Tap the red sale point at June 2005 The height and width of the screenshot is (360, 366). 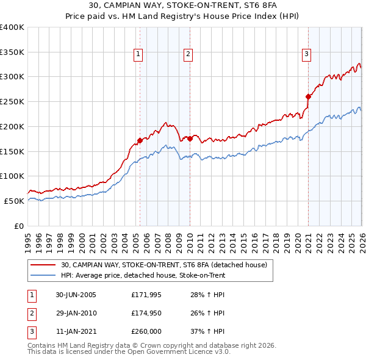coord(140,140)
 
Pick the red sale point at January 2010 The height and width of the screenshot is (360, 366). coord(190,139)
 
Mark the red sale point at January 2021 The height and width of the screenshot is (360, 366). coord(308,96)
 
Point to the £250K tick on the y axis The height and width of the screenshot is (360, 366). coord(12,102)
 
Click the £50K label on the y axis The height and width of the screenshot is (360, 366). coord(14,201)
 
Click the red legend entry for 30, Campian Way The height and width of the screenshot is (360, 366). coord(163,265)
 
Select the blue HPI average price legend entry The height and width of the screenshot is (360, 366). coord(143,276)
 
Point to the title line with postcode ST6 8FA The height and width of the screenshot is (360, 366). coord(183,6)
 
